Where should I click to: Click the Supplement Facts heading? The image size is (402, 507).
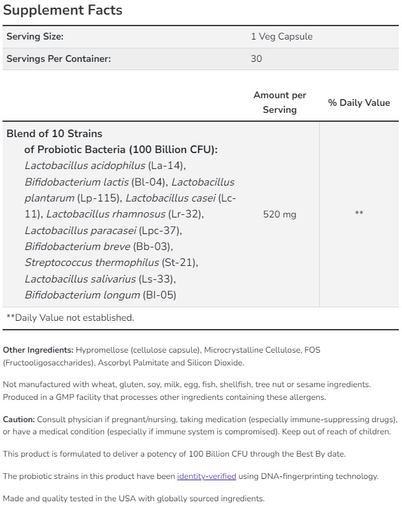(62, 11)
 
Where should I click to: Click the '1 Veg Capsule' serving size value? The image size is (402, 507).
(282, 36)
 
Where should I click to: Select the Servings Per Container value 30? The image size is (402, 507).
(256, 59)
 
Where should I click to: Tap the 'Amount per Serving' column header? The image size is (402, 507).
(280, 102)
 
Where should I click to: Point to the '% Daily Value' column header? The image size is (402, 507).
(359, 102)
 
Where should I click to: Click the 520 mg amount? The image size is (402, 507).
(280, 214)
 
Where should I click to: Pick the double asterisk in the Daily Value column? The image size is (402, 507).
(359, 213)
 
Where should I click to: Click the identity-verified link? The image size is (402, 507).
(206, 476)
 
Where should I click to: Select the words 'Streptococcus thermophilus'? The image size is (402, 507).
(92, 262)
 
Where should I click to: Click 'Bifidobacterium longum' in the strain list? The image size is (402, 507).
(82, 295)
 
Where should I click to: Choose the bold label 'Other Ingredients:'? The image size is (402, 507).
(38, 350)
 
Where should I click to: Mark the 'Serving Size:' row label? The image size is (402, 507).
(34, 36)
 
